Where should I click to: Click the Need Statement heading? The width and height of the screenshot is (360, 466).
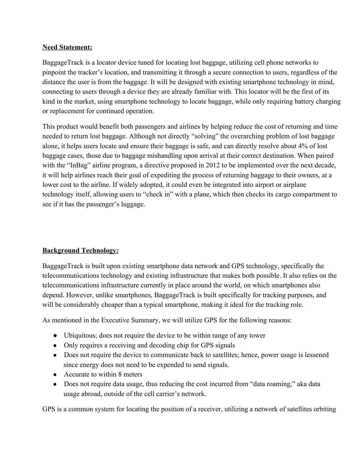pyautogui.click(x=67, y=47)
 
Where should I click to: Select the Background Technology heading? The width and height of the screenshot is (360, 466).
pyautogui.click(x=80, y=250)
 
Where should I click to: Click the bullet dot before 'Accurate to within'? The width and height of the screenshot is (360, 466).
pyautogui.click(x=55, y=375)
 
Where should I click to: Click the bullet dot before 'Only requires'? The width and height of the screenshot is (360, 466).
pyautogui.click(x=55, y=345)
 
